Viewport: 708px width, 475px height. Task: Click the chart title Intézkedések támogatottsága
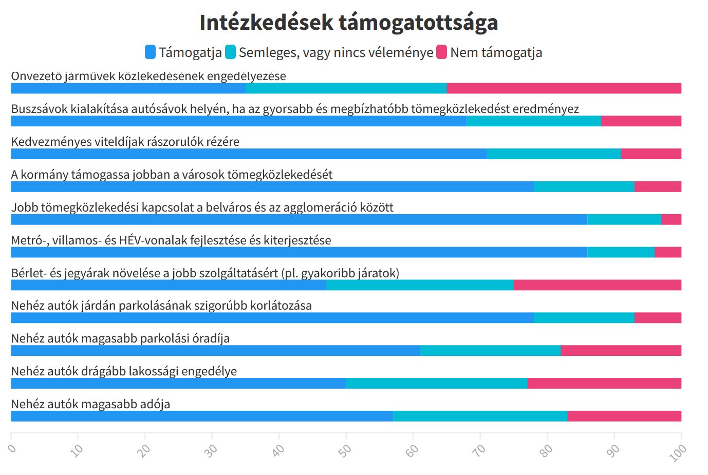click(x=348, y=23)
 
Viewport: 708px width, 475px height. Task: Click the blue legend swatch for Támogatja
click(x=150, y=52)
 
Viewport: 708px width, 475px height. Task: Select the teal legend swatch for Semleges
click(x=230, y=52)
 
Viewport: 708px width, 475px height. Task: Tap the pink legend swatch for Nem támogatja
click(x=441, y=52)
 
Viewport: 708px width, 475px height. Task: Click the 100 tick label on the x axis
click(x=678, y=452)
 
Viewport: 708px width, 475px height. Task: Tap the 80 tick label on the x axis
click(x=546, y=450)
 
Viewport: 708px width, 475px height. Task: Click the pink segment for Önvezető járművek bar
click(x=564, y=88)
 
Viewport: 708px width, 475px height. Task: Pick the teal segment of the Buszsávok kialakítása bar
click(x=533, y=121)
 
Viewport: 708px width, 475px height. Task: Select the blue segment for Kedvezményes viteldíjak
click(x=249, y=154)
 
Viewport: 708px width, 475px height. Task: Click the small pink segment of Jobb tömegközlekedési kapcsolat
click(x=671, y=220)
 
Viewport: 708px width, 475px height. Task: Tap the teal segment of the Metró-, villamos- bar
click(x=621, y=252)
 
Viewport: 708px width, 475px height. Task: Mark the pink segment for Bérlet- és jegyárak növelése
click(x=597, y=285)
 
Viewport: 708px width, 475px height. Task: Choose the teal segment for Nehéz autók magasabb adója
click(x=480, y=416)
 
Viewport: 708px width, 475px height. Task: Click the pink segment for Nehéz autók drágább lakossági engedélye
click(x=604, y=384)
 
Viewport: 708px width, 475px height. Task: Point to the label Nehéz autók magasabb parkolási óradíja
click(x=120, y=338)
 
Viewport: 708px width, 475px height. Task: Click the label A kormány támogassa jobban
click(x=172, y=175)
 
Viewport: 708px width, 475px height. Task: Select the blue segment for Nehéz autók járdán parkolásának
click(x=272, y=318)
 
